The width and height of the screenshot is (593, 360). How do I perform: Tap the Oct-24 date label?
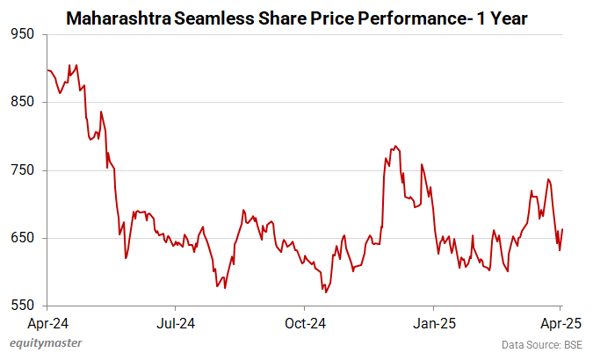coord(303,322)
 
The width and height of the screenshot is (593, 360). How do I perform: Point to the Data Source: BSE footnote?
coord(542,345)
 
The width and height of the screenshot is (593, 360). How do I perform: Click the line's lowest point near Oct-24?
coord(326,292)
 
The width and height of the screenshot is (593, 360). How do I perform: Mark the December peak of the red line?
coord(395,146)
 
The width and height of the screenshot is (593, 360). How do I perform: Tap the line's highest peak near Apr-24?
coord(76,65)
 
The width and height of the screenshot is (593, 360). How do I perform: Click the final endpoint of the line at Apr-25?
coord(562,229)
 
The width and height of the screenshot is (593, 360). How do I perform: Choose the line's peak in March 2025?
coord(548,179)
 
